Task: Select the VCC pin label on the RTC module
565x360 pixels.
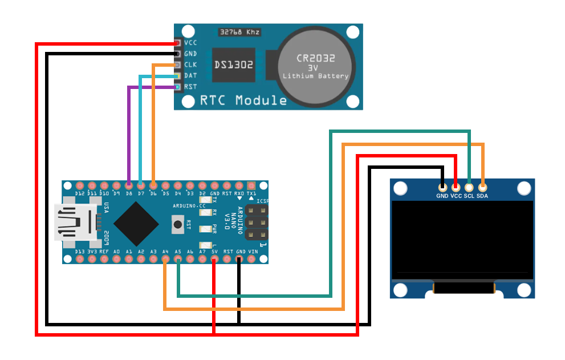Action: (x=190, y=43)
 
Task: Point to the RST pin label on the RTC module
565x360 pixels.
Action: (x=190, y=87)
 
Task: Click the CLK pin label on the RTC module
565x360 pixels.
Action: (x=190, y=65)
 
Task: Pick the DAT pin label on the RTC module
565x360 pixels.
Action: (x=190, y=76)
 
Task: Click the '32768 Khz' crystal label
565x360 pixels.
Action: (x=239, y=32)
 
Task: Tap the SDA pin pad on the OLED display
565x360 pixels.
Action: (x=482, y=187)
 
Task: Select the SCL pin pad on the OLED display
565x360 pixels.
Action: (x=469, y=187)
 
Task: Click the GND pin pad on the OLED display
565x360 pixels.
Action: (x=442, y=187)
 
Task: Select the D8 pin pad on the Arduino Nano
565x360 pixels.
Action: (x=129, y=185)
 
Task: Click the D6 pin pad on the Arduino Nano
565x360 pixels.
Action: (x=153, y=185)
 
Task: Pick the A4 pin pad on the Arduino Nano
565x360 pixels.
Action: (x=165, y=260)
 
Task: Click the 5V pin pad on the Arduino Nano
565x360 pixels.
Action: (x=214, y=260)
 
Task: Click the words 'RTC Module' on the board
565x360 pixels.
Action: (x=243, y=101)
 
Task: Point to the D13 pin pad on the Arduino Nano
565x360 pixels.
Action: (x=80, y=260)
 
